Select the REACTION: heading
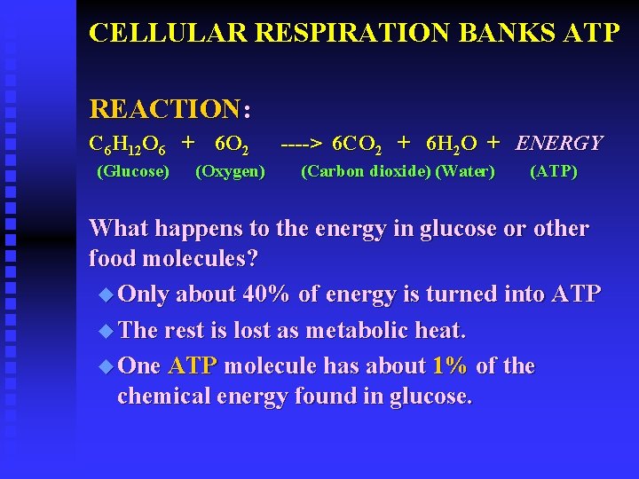coord(170,109)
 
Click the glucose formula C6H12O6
coord(126,143)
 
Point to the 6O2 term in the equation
coord(233,143)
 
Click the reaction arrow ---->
coord(302,143)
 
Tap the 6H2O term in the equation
coord(452,143)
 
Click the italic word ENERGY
coord(559,143)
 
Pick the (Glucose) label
coord(132,170)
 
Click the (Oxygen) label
coord(230,170)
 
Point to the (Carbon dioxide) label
coord(366,170)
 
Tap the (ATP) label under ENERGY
coord(553,170)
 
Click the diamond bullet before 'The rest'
coord(107,330)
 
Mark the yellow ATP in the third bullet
coord(193,366)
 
